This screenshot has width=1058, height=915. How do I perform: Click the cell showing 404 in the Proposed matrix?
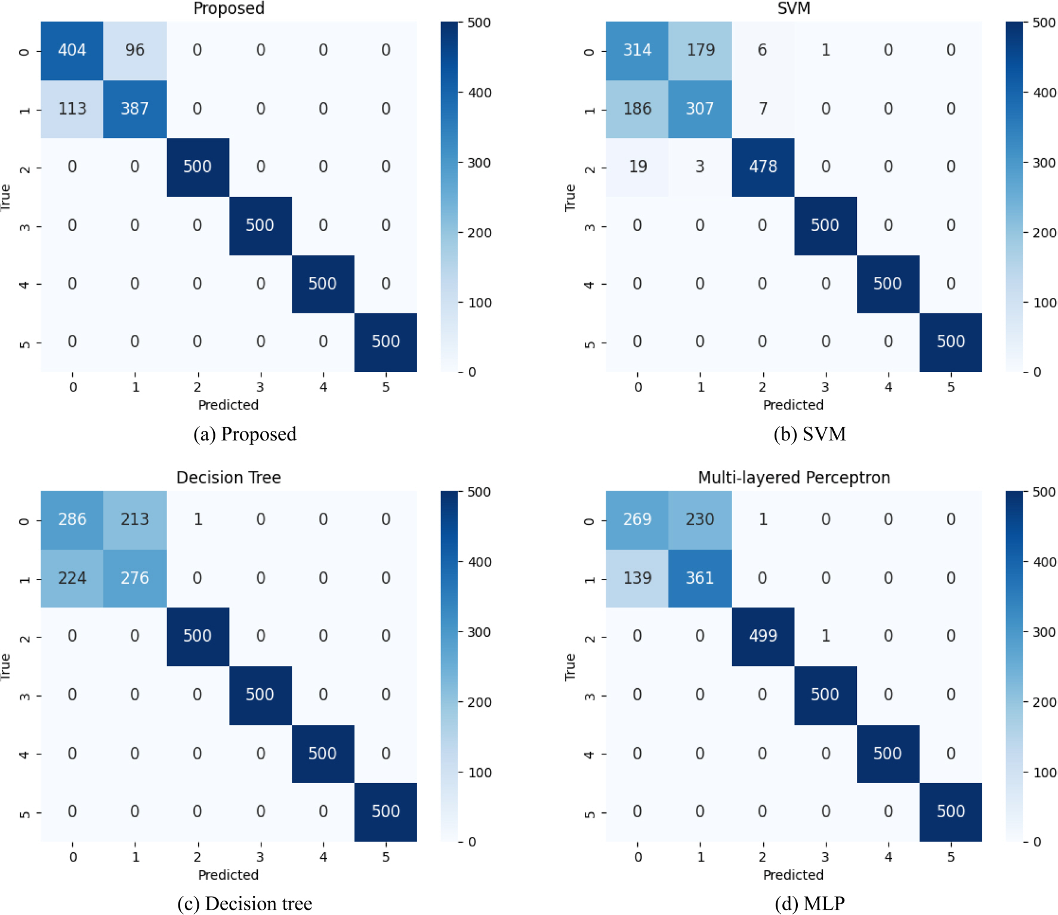tap(72, 50)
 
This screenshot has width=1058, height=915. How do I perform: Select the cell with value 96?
tap(135, 50)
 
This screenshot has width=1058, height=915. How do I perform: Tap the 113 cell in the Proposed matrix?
tap(72, 109)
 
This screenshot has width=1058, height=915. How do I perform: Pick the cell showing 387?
tap(135, 109)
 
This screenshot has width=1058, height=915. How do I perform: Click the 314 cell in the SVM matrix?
tap(637, 50)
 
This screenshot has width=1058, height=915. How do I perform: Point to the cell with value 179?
tap(700, 50)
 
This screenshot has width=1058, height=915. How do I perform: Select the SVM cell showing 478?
tap(763, 167)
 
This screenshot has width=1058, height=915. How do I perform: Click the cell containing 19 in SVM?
tap(637, 167)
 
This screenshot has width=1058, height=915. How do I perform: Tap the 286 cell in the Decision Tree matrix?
tap(72, 519)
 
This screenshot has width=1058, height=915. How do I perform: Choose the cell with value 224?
tap(72, 578)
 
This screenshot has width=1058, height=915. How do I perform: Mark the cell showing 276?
tap(135, 578)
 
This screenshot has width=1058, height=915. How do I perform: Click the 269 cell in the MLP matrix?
tap(637, 519)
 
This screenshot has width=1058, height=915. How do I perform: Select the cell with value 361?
tap(700, 578)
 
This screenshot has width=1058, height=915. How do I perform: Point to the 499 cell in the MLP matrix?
tap(763, 636)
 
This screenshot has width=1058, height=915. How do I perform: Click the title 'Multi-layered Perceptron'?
tap(794, 477)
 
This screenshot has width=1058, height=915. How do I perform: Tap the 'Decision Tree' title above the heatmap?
tap(229, 477)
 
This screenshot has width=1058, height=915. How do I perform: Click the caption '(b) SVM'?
tap(810, 434)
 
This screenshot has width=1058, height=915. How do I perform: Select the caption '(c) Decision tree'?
tap(245, 904)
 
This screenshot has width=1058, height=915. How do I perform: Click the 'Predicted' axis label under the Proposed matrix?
tap(229, 405)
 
